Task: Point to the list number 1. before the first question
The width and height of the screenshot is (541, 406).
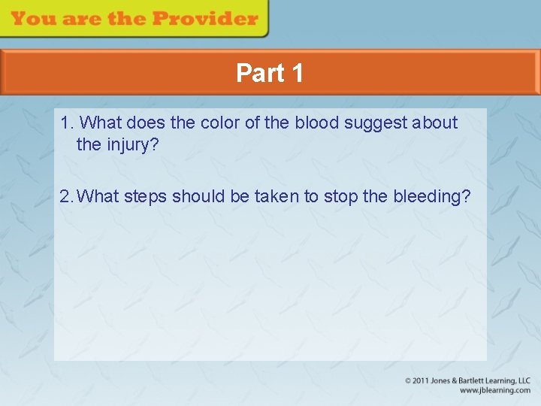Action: [67, 123]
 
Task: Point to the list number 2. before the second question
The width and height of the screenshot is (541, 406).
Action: [67, 196]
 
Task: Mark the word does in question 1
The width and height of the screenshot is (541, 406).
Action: [151, 123]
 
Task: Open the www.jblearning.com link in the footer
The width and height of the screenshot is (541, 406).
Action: [494, 390]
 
